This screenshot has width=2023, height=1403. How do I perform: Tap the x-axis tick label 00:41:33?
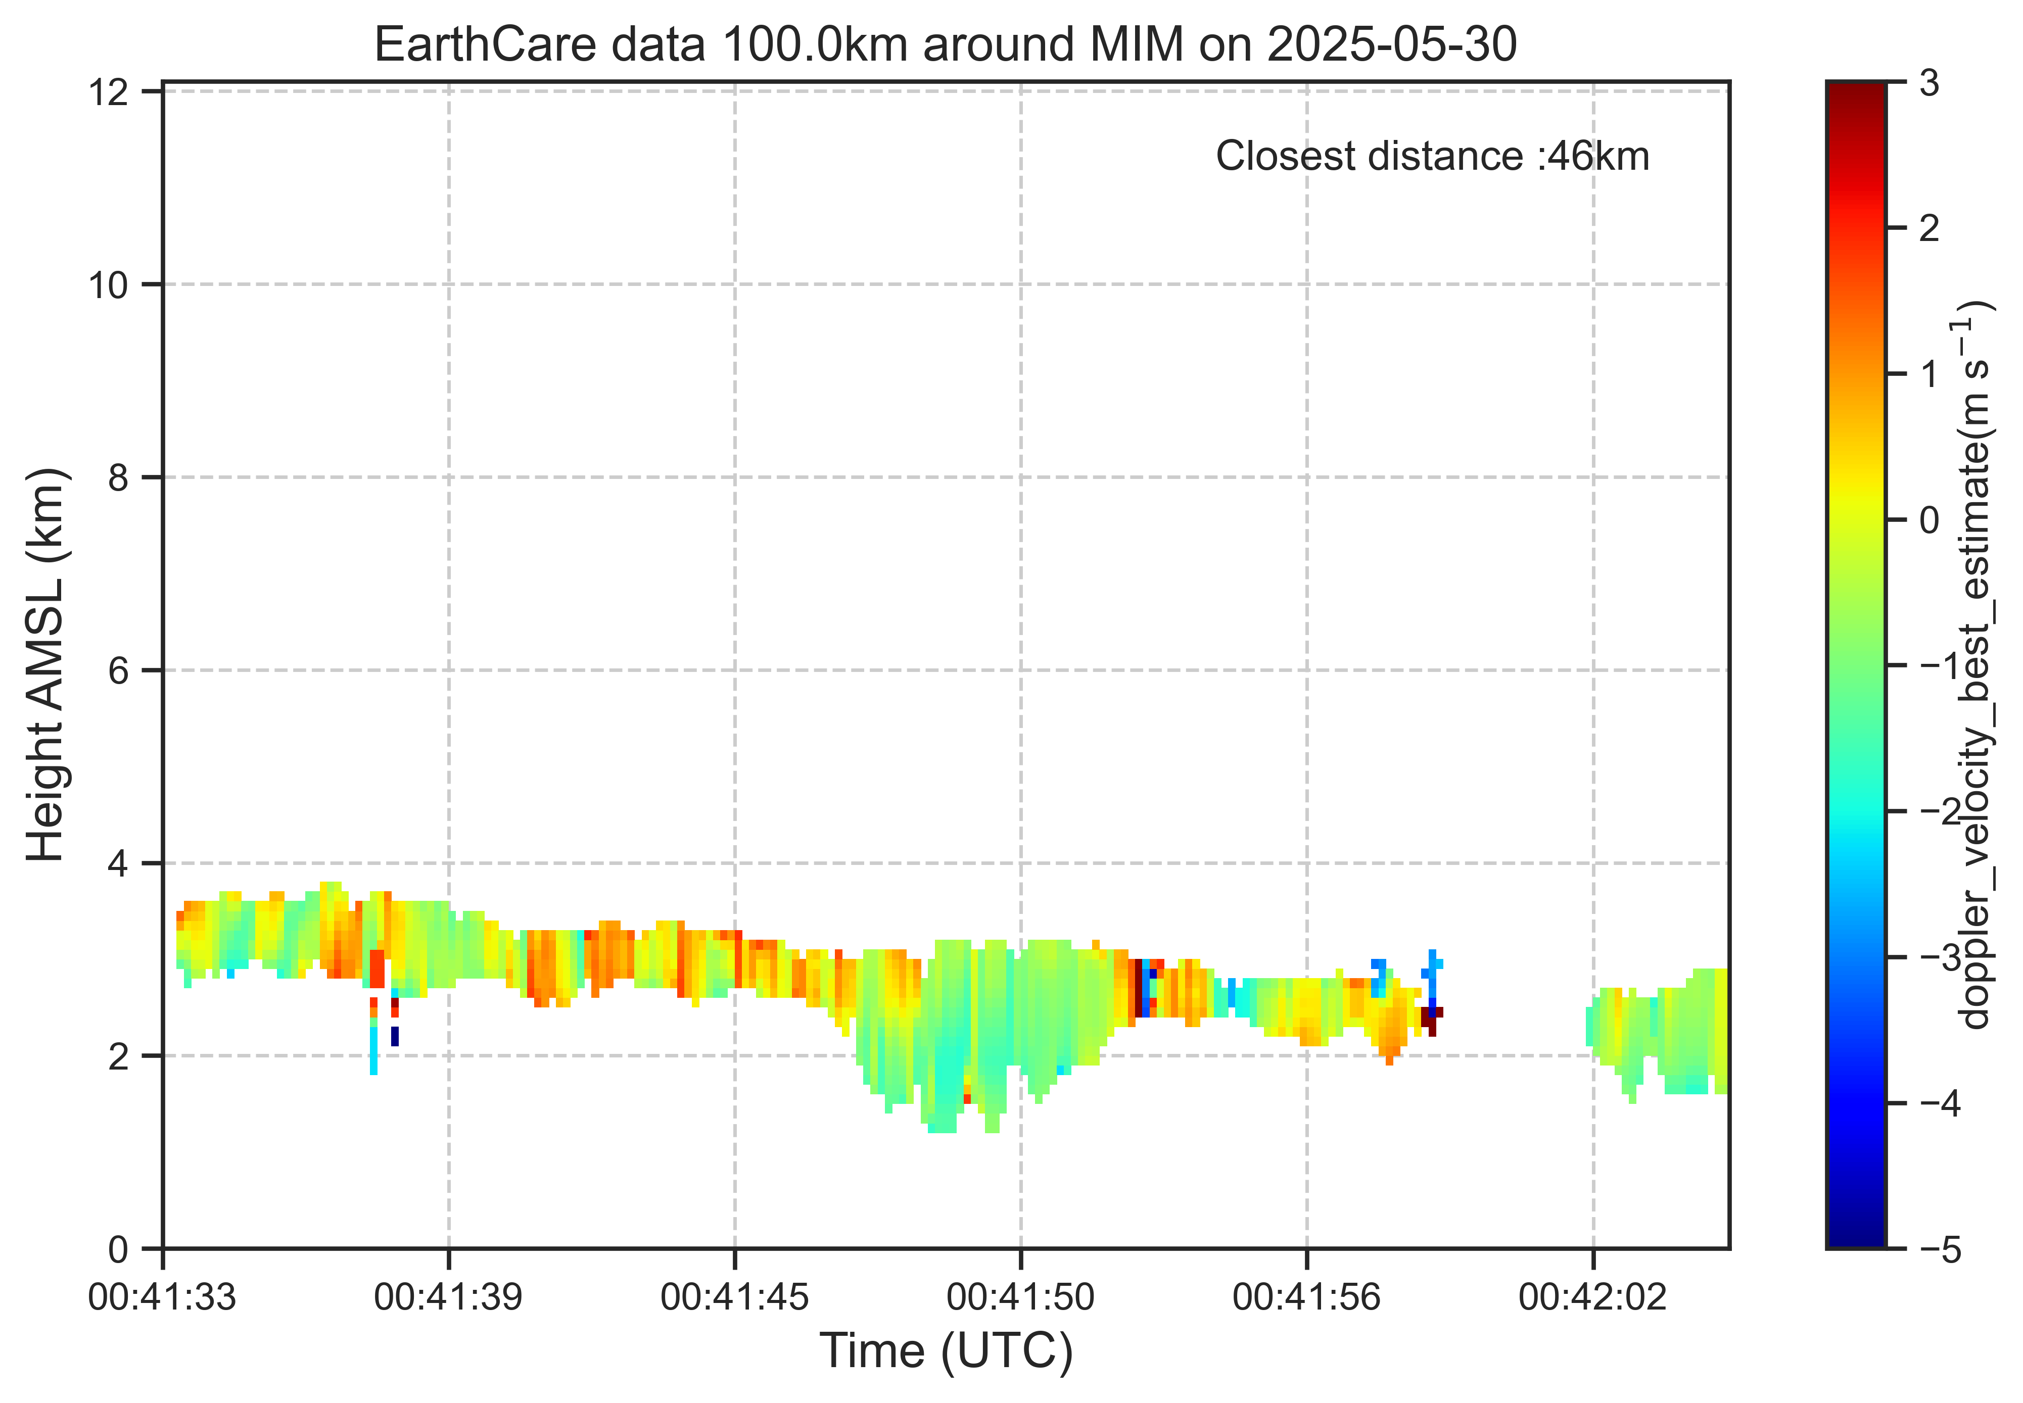tap(163, 1296)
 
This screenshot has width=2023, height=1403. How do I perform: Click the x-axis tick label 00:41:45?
tap(735, 1296)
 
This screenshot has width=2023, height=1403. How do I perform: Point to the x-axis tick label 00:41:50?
tap(1021, 1296)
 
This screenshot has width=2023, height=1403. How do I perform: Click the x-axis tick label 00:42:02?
tap(1592, 1296)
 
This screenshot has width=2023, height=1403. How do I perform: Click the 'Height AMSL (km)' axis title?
tap(45, 665)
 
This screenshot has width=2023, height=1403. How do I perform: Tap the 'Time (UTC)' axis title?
tap(946, 1351)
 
